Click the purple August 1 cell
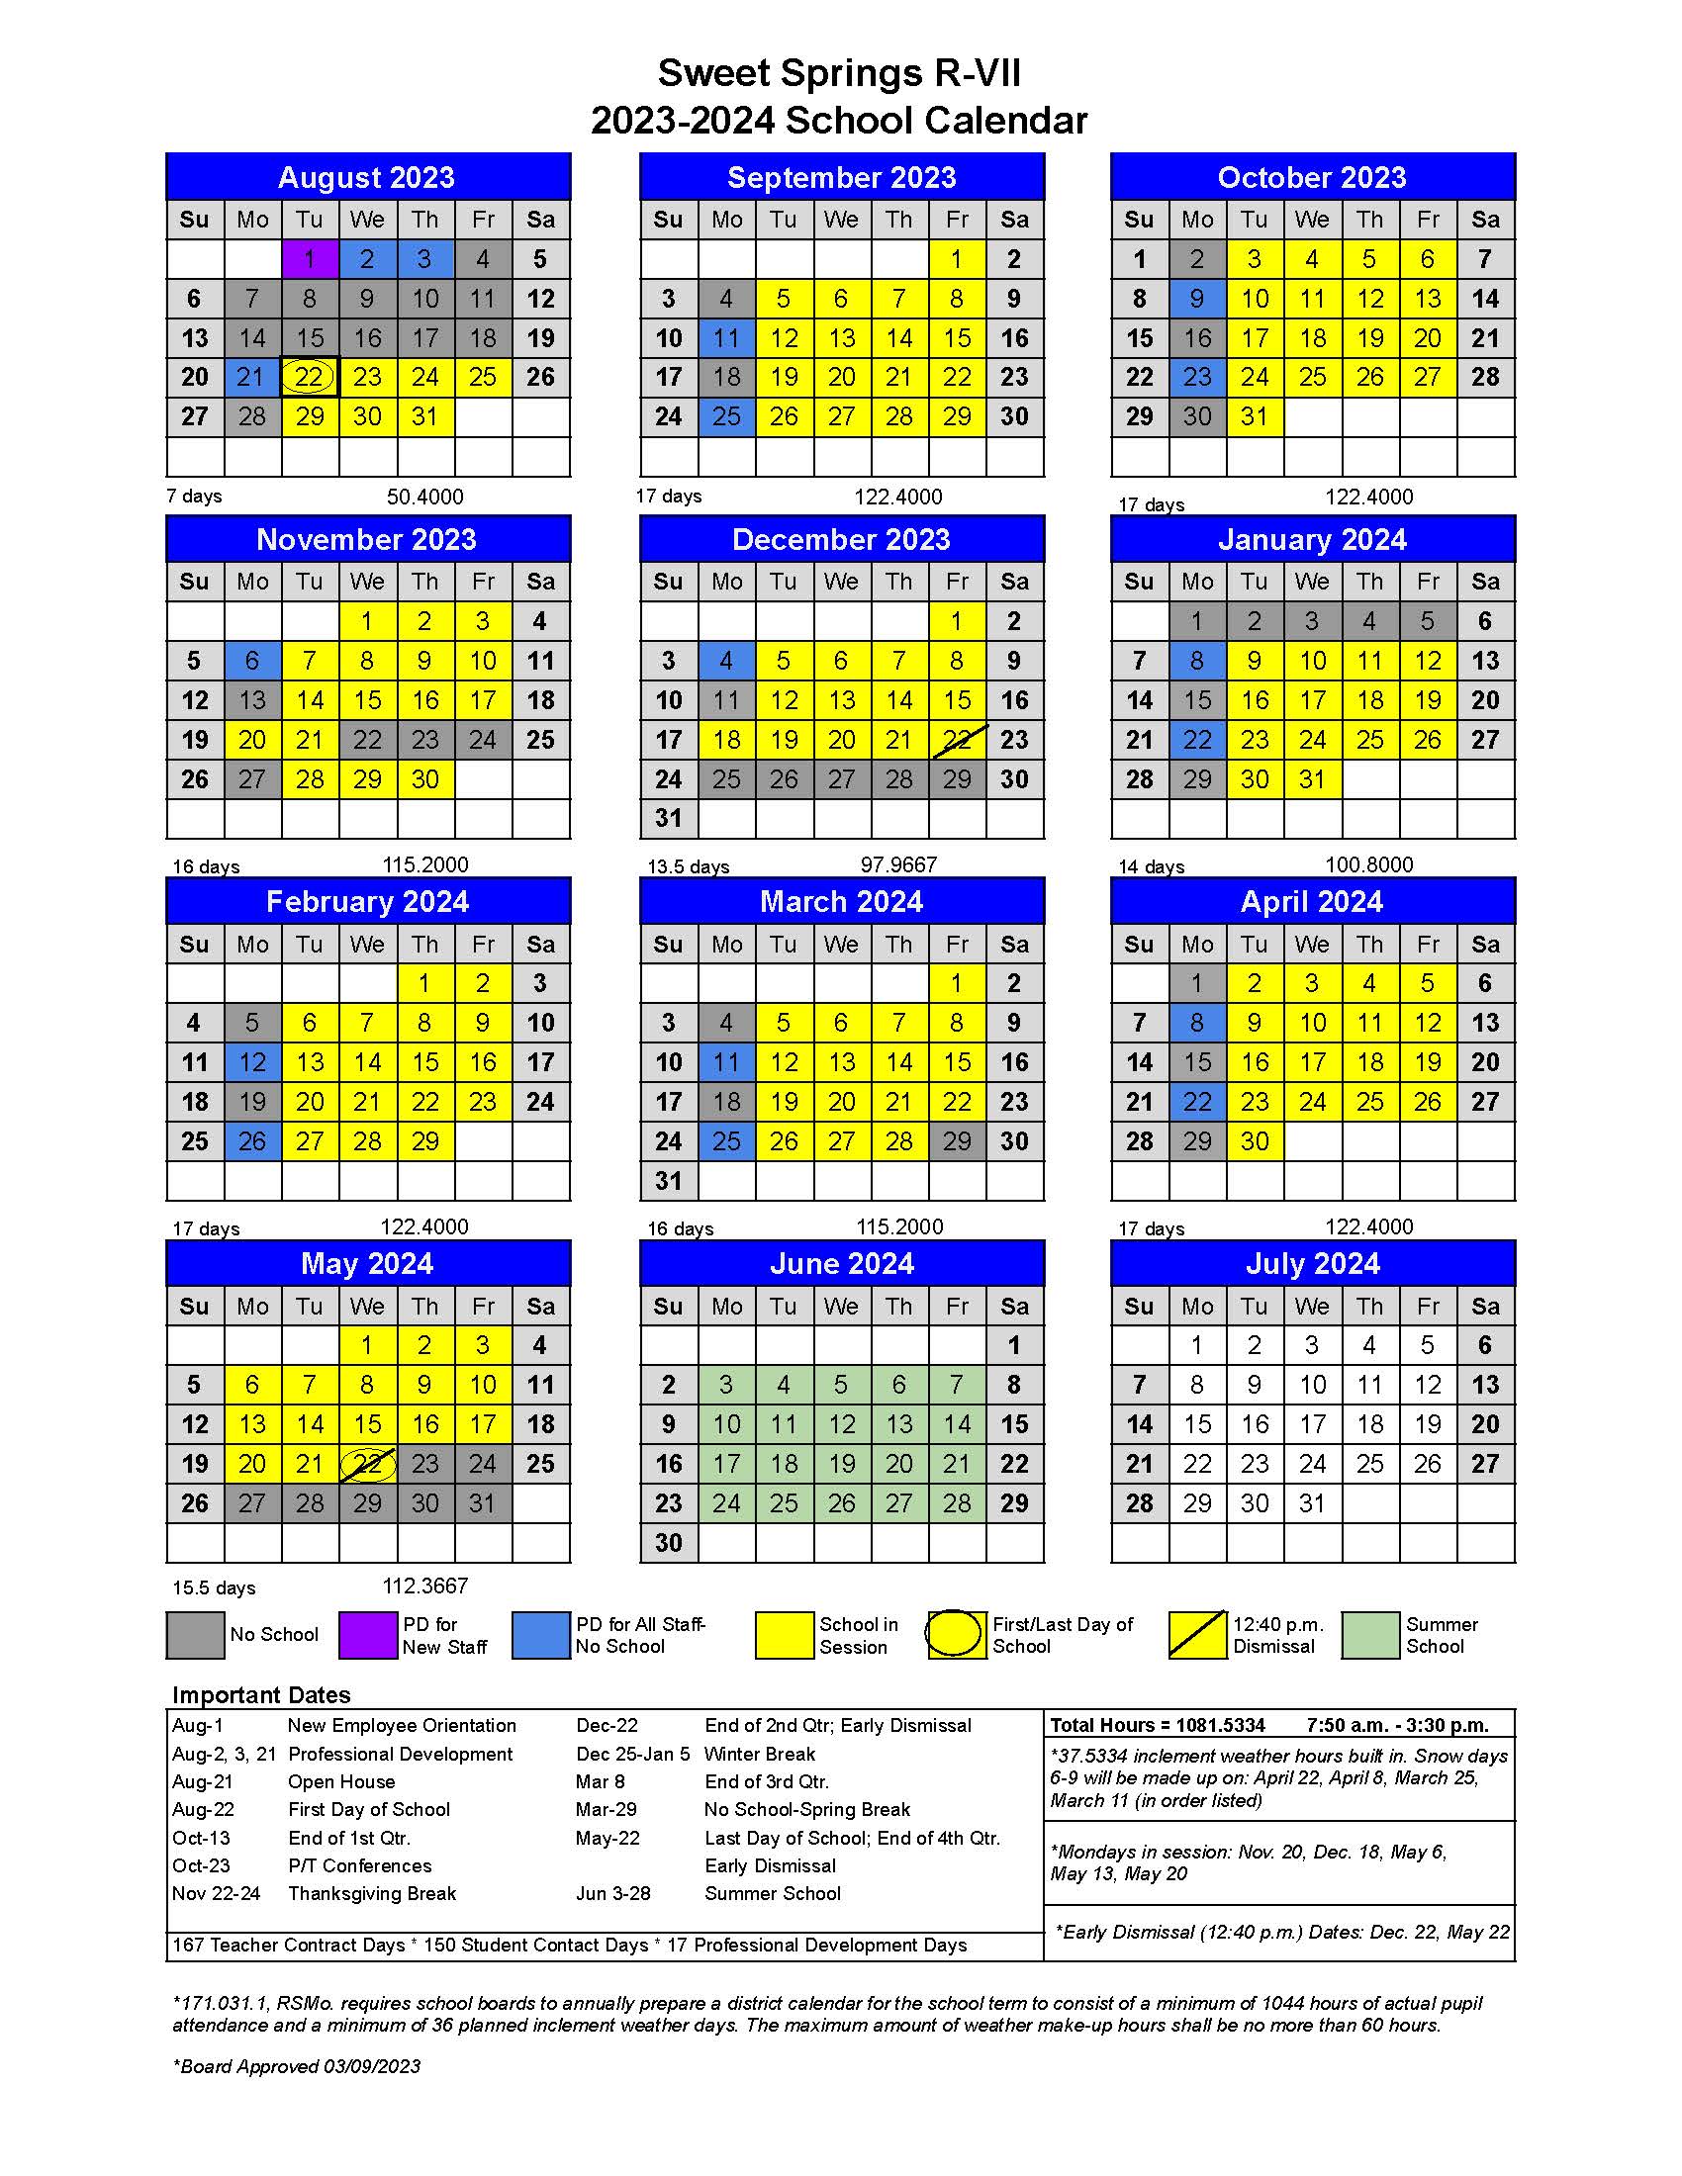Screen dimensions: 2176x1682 (x=310, y=259)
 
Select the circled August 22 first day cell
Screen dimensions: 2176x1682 (x=310, y=378)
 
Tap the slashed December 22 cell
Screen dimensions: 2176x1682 (x=957, y=740)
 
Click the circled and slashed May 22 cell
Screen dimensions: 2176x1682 (x=368, y=1465)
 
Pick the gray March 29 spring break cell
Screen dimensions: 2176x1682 (x=957, y=1141)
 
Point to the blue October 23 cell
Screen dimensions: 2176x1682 (x=1197, y=378)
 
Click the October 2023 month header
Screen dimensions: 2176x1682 (x=1312, y=177)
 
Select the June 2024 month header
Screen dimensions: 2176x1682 (x=842, y=1264)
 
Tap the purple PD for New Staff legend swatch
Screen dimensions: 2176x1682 (x=368, y=1636)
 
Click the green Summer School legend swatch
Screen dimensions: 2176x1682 (x=1370, y=1636)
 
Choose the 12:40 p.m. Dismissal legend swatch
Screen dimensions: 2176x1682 (x=1197, y=1636)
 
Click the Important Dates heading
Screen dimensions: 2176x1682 (x=261, y=1695)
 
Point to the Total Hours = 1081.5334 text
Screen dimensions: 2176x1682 (x=1158, y=1726)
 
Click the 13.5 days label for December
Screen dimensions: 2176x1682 (x=689, y=866)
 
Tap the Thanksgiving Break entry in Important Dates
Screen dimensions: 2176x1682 (x=372, y=1894)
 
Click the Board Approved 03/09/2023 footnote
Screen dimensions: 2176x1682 (x=297, y=2066)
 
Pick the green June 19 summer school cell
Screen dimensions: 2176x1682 (x=842, y=1465)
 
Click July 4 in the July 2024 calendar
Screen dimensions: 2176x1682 (x=1370, y=1346)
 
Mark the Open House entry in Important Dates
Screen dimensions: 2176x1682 (x=340, y=1782)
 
